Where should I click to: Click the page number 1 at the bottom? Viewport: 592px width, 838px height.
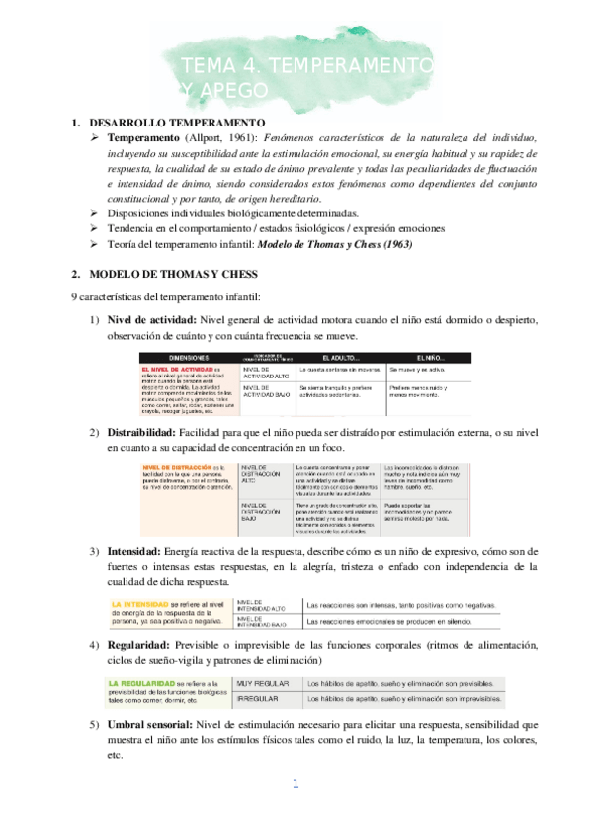[x=295, y=784]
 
